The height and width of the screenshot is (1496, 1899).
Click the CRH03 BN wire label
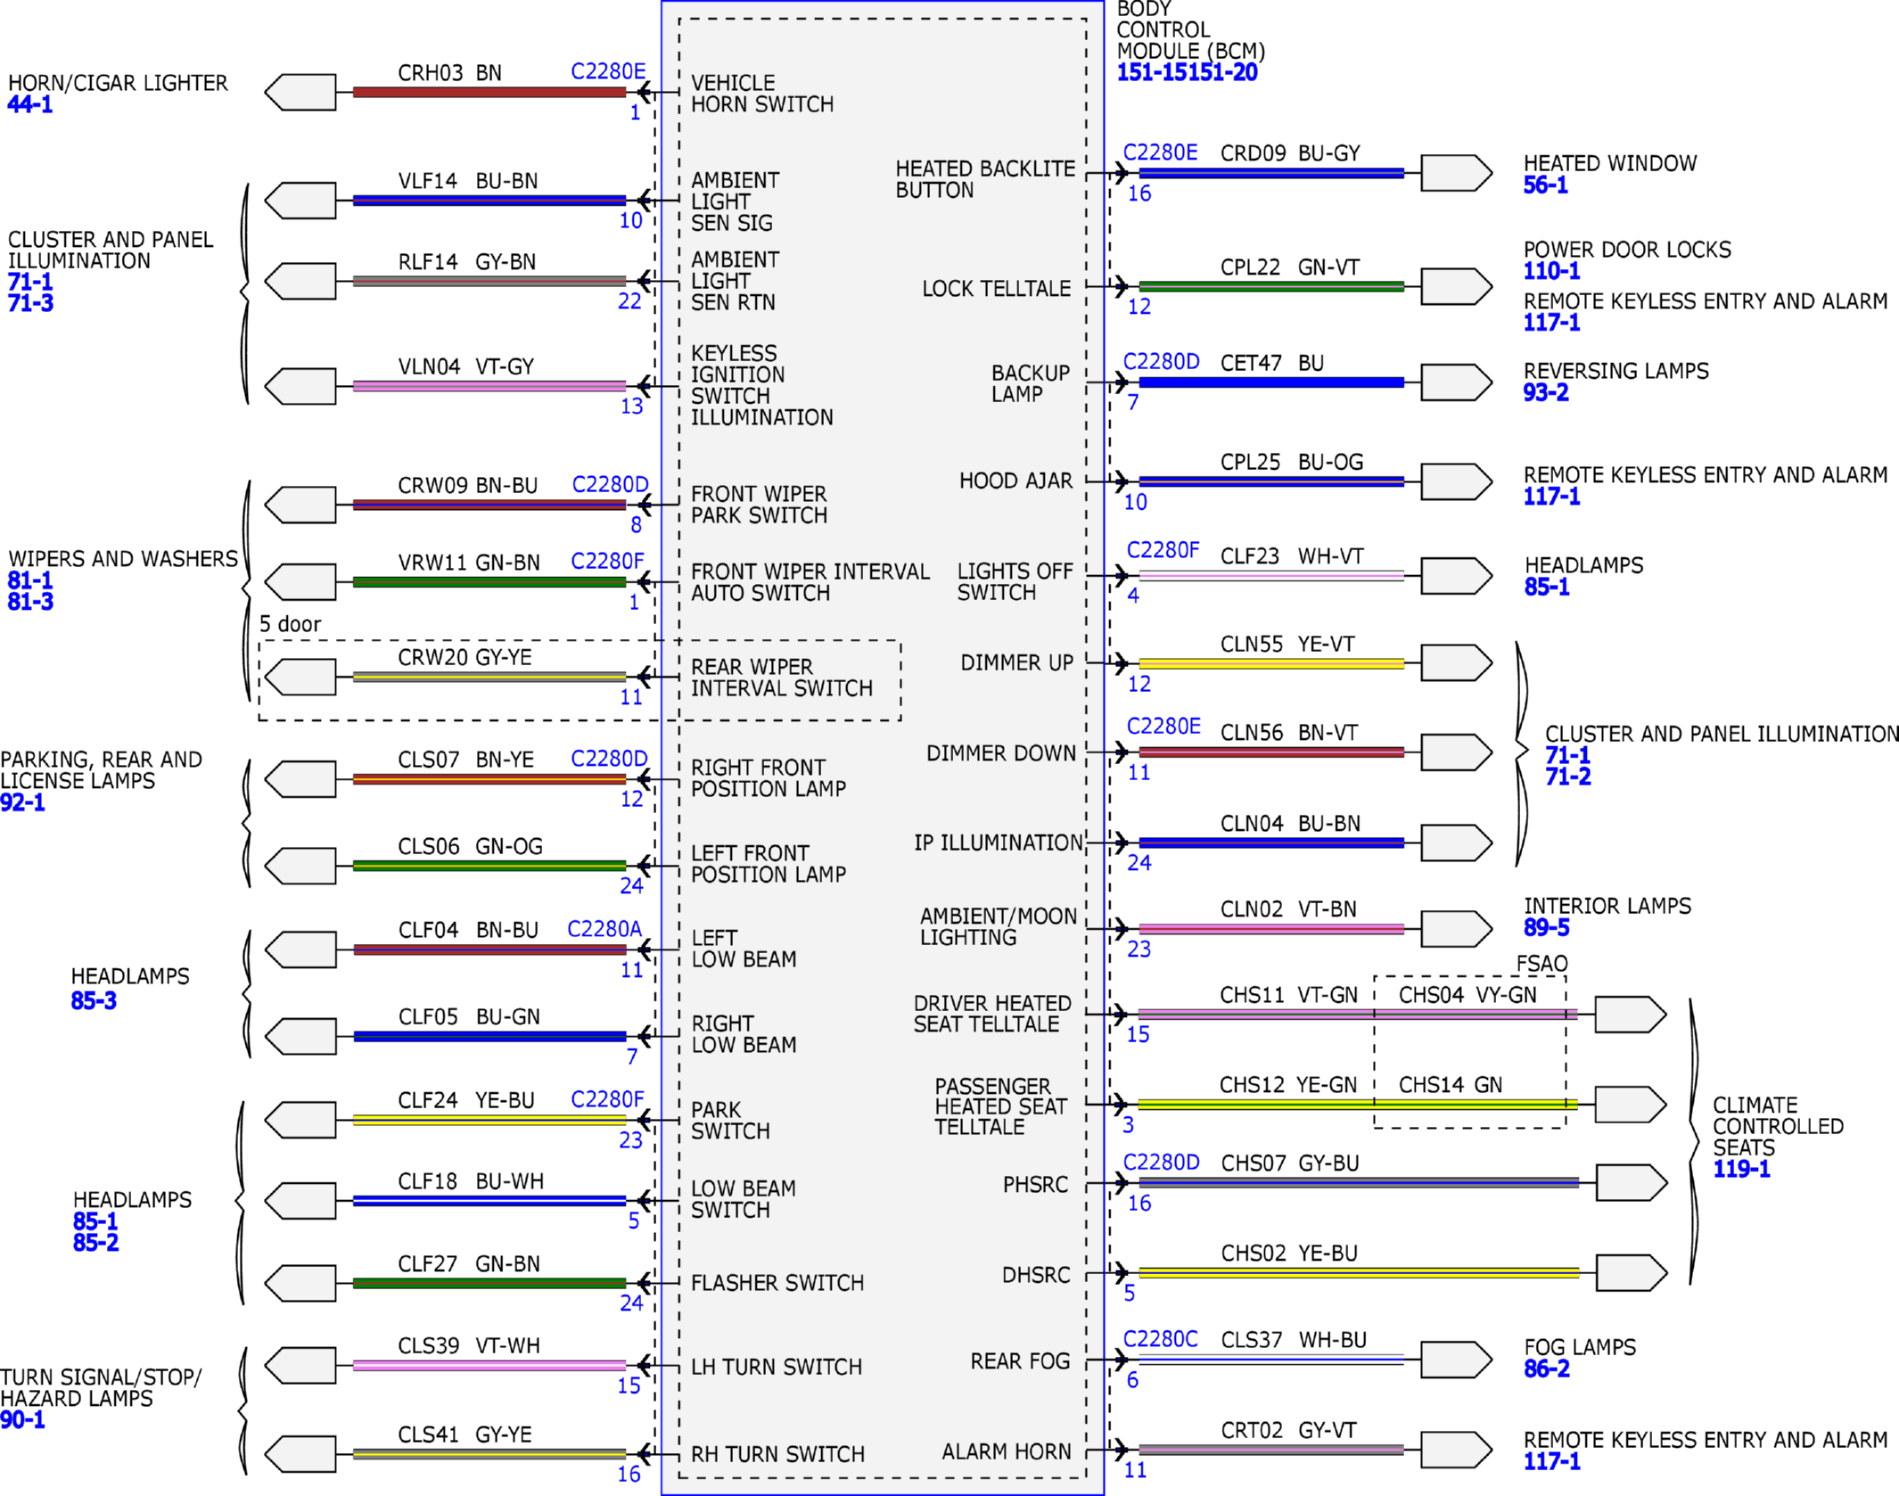pyautogui.click(x=449, y=72)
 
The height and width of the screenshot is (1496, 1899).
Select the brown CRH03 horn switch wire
pyautogui.click(x=489, y=92)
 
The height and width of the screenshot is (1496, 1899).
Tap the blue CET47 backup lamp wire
pyautogui.click(x=1271, y=382)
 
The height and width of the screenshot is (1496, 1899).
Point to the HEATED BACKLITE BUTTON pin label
pyautogui.click(x=985, y=179)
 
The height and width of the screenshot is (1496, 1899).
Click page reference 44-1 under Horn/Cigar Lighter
pyautogui.click(x=30, y=104)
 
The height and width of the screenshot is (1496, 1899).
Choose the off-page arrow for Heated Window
pyautogui.click(x=1456, y=173)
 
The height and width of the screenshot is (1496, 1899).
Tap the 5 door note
pyautogui.click(x=290, y=624)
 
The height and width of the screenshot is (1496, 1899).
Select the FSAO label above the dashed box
pyautogui.click(x=1541, y=964)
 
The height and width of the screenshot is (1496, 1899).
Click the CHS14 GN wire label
pyautogui.click(x=1450, y=1085)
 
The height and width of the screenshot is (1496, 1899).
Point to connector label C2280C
pyautogui.click(x=1160, y=1339)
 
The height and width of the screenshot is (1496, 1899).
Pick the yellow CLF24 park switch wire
pyautogui.click(x=489, y=1120)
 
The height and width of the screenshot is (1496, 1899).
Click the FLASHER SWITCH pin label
pyautogui.click(x=777, y=1283)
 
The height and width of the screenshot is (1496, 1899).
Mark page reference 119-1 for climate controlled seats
pyautogui.click(x=1741, y=1169)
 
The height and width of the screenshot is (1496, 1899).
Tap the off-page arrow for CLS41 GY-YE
pyautogui.click(x=300, y=1454)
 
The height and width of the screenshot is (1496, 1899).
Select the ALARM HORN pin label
pyautogui.click(x=1007, y=1452)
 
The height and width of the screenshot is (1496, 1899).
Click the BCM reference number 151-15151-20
pyautogui.click(x=1187, y=73)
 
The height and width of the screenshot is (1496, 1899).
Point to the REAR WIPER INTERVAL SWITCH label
pyautogui.click(x=781, y=678)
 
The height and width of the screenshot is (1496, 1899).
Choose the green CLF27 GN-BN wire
pyautogui.click(x=489, y=1284)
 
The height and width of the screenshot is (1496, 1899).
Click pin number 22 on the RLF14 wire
pyautogui.click(x=629, y=301)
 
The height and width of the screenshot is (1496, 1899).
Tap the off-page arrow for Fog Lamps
pyautogui.click(x=1456, y=1360)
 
